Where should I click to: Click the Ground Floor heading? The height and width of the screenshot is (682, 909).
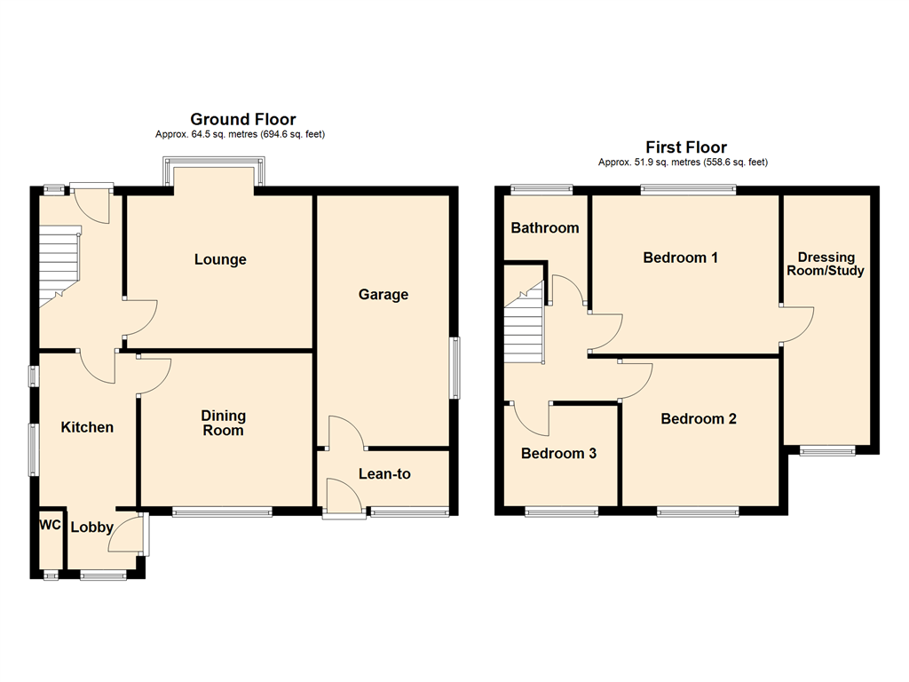pos(242,119)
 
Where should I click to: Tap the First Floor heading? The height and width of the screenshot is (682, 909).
pos(685,147)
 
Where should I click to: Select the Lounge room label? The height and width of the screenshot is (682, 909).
pos(220,259)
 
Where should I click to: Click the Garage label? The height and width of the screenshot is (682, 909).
pos(383,294)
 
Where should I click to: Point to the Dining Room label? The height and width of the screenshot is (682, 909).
pos(223,423)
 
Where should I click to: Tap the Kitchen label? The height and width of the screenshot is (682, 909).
pos(87,427)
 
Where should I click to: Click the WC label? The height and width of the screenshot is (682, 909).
pos(50,525)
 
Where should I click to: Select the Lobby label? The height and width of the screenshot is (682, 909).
pos(91,527)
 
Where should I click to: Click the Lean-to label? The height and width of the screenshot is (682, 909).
pos(384,474)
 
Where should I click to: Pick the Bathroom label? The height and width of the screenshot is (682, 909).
pos(544,227)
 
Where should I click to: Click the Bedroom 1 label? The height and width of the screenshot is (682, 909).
pos(681,258)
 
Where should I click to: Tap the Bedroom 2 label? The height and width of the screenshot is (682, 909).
pos(699,418)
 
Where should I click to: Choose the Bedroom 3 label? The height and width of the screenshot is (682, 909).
pos(558,453)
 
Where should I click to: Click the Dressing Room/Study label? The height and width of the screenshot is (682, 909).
pos(831,264)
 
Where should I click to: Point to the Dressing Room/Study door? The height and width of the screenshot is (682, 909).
pos(797,324)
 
